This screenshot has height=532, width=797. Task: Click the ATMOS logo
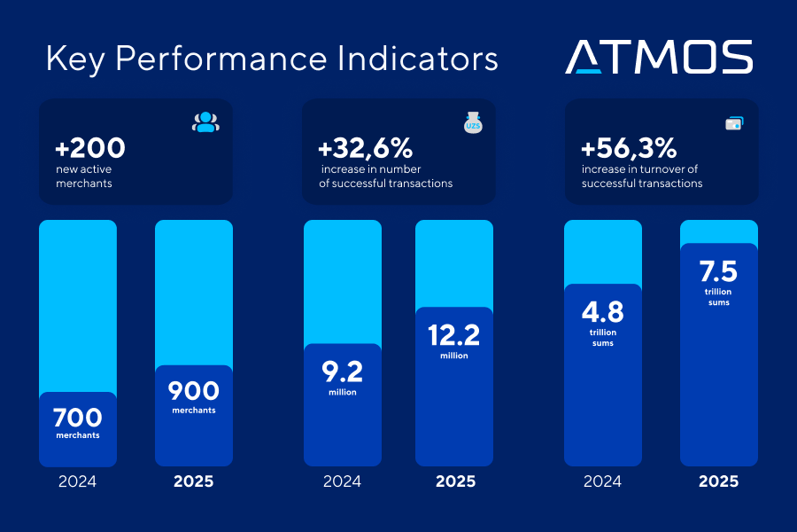tap(659, 57)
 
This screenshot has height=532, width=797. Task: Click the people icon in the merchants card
tap(205, 123)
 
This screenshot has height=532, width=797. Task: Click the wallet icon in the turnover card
tap(734, 123)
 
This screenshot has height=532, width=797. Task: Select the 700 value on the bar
tap(78, 417)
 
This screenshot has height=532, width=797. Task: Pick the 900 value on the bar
tap(193, 391)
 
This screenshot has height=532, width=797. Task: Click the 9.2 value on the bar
tap(342, 371)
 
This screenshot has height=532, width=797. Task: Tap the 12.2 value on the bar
tap(453, 334)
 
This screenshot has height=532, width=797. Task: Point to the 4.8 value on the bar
tap(602, 312)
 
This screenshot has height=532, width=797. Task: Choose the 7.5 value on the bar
tap(718, 270)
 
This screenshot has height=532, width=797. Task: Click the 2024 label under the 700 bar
tap(78, 482)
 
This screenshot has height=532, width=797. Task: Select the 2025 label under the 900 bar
tap(193, 482)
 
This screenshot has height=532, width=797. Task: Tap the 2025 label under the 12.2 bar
tap(455, 482)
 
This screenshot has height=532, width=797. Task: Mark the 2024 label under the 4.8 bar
tap(602, 482)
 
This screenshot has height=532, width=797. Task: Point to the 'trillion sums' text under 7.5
tap(718, 297)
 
